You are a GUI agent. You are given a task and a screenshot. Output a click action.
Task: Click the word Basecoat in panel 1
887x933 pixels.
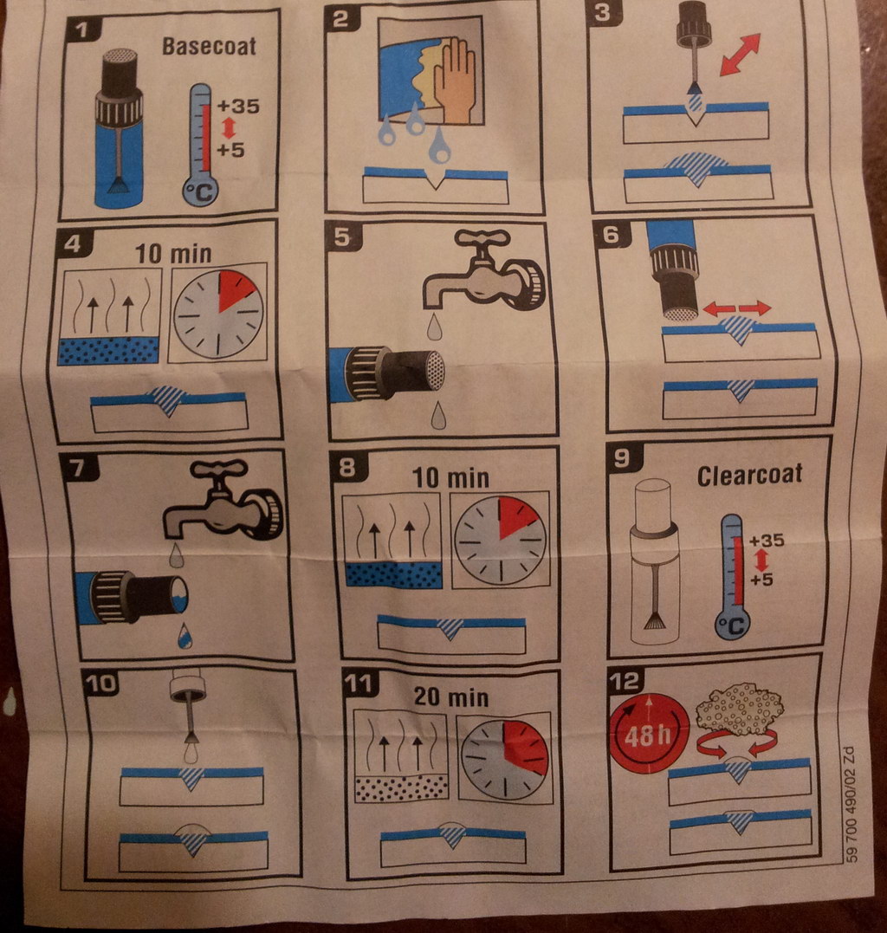[x=209, y=47]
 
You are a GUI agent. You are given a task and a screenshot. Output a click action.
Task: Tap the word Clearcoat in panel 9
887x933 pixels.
[x=749, y=475]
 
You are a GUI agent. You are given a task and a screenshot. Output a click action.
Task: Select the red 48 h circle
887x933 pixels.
[x=649, y=733]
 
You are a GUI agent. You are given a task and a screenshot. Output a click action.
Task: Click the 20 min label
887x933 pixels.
[x=451, y=697]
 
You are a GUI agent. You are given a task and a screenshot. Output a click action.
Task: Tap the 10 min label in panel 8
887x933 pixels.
[x=450, y=477]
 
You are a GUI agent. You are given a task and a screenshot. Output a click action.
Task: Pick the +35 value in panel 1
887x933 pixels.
[x=238, y=107]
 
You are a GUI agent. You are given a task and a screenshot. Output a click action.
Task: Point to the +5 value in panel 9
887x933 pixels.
[x=761, y=579]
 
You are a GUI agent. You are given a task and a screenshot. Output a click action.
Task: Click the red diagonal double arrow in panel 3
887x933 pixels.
[x=740, y=55]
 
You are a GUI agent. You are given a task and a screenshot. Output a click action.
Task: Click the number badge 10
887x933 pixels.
[x=101, y=683]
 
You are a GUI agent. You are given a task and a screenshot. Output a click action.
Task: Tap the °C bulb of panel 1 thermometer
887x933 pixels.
[x=200, y=191]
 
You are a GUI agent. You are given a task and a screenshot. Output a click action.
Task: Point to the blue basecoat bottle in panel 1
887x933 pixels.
[x=119, y=128]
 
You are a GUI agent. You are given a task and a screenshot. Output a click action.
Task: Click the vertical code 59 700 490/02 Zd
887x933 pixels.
[x=850, y=803]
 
